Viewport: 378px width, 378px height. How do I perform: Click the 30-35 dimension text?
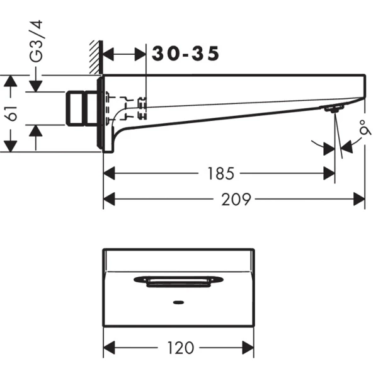[x=185, y=55]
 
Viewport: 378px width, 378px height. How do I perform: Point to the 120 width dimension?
[x=181, y=347]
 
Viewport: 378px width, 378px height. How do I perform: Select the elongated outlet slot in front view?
[x=178, y=280]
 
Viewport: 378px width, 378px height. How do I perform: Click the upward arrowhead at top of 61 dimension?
[x=9, y=81]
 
